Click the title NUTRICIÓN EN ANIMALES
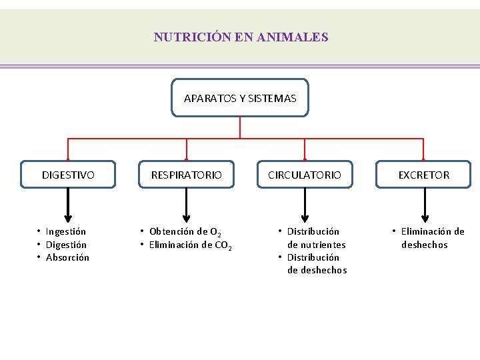click(x=241, y=37)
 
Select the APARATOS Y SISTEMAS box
click(x=240, y=98)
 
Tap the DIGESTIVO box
click(x=68, y=175)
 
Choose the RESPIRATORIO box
click(x=187, y=175)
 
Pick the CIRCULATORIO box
click(x=305, y=175)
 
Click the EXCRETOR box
click(x=424, y=175)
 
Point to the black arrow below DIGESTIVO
click(x=68, y=205)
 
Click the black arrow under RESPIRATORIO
click(x=187, y=205)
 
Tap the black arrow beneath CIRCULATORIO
click(x=305, y=205)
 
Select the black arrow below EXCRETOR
click(x=424, y=205)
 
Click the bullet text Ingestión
click(x=65, y=231)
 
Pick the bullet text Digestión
click(x=65, y=245)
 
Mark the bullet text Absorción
click(x=67, y=257)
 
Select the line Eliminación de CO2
click(x=190, y=245)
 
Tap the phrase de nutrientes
click(x=317, y=245)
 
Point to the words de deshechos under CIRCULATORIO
click(x=317, y=270)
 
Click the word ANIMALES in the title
click(x=295, y=37)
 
